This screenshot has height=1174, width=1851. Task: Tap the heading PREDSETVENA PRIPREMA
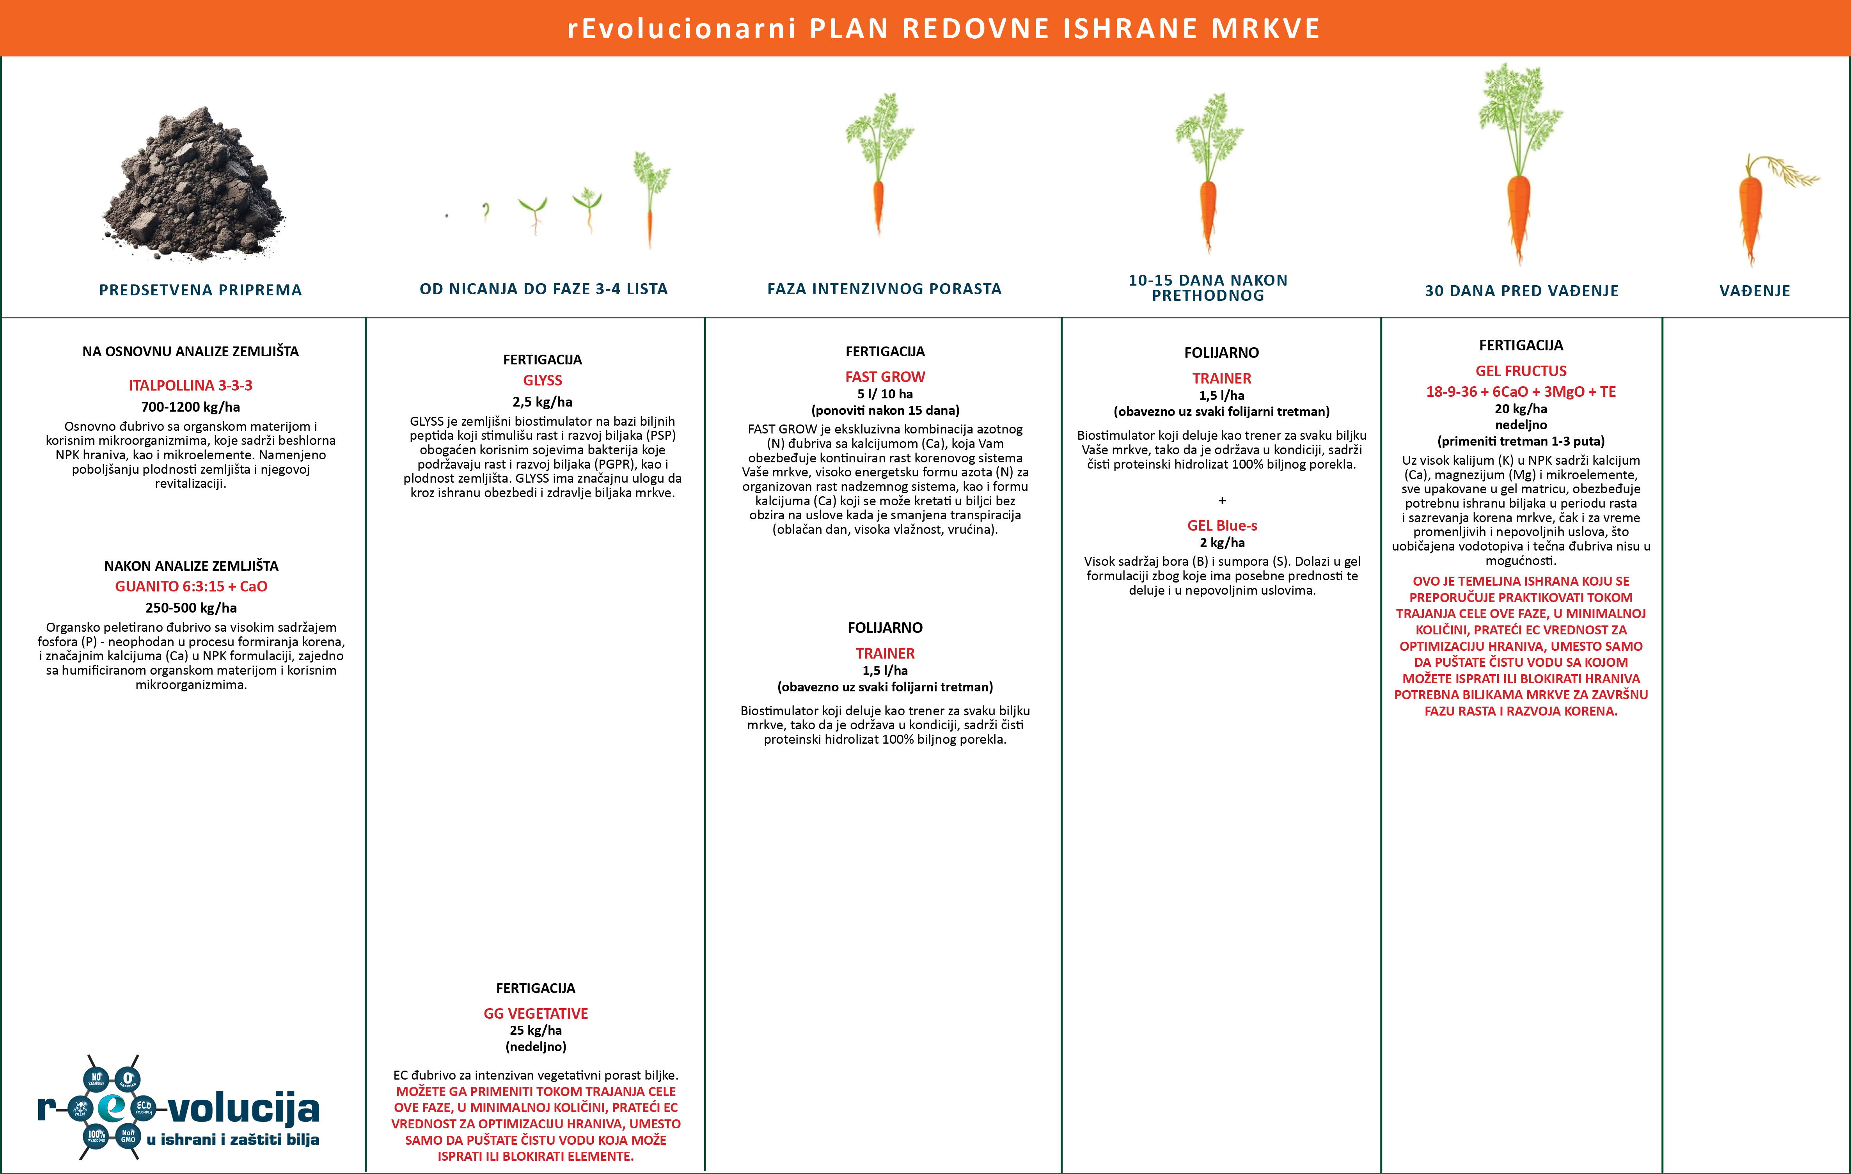[201, 290]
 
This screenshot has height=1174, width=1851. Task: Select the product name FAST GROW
[885, 377]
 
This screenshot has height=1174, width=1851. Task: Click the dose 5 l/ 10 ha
[885, 394]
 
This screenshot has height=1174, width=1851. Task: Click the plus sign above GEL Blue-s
[1221, 501]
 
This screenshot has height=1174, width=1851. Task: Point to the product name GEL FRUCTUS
[1521, 371]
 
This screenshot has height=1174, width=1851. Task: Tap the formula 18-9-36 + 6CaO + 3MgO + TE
[1521, 391]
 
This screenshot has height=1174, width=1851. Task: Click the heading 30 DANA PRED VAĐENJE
[1521, 291]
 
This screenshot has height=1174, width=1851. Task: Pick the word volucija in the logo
[243, 1108]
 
